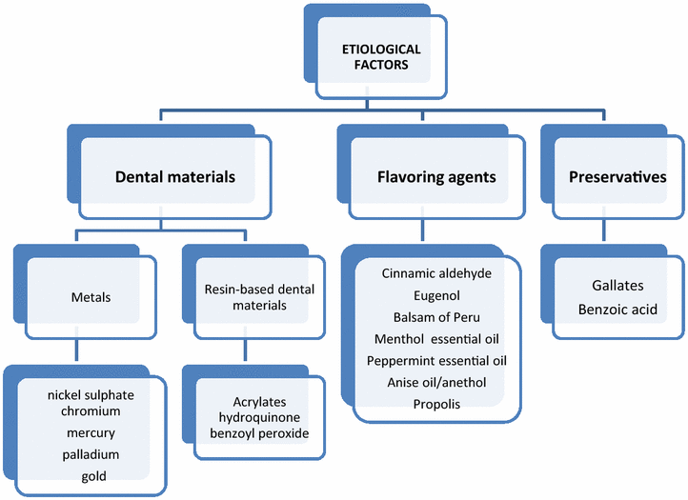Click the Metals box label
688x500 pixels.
91,297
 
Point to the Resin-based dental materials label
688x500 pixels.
245,297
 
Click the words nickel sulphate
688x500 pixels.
91,393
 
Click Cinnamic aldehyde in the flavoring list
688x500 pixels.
436,273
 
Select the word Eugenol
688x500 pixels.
436,295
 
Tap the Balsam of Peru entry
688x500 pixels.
436,317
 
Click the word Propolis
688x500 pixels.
436,404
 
